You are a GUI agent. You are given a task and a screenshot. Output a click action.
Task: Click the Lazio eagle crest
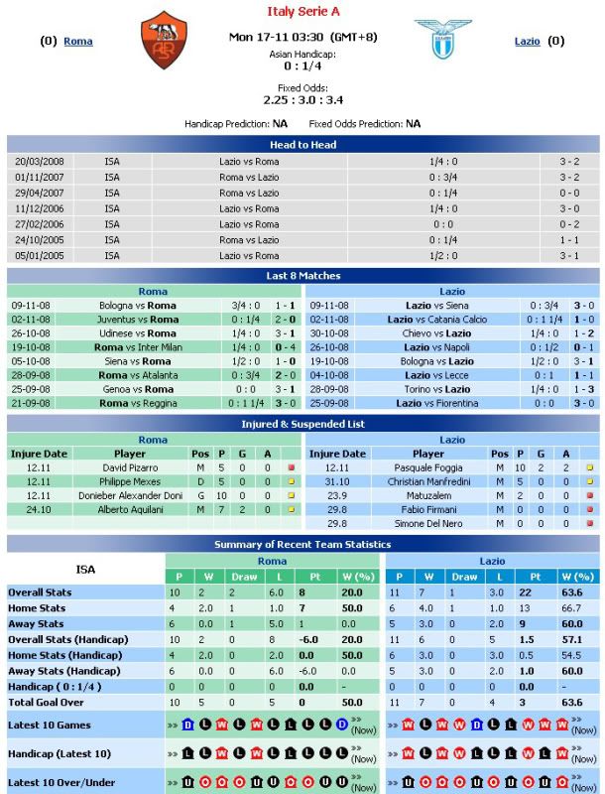pos(443,40)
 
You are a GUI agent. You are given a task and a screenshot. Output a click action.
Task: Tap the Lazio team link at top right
pos(528,42)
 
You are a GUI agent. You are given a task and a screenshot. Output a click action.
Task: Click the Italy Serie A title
pos(302,12)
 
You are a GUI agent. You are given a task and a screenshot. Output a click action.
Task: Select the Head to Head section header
pos(302,145)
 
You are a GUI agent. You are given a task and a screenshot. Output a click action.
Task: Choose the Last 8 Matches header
pos(302,275)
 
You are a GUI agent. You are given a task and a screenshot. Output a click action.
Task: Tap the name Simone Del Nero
pos(427,523)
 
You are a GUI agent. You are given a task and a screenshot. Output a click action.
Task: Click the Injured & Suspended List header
pos(302,424)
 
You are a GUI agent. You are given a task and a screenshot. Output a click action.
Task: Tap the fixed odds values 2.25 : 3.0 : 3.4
pos(302,99)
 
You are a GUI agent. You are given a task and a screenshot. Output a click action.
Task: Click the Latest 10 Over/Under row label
pos(60,784)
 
